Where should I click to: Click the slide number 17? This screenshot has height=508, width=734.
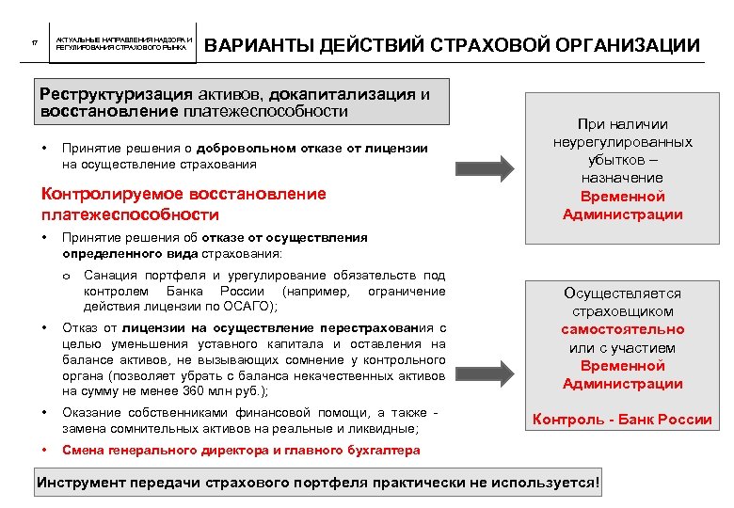(x=35, y=44)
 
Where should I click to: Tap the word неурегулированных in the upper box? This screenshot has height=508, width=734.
(x=623, y=142)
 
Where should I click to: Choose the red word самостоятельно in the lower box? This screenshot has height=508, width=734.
(x=623, y=330)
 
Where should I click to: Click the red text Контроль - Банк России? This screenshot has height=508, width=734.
(x=623, y=420)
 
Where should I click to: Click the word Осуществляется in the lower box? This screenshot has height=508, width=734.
(x=623, y=294)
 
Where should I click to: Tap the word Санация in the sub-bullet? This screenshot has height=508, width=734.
(x=109, y=276)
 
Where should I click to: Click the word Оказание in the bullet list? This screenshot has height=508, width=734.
(x=91, y=414)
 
